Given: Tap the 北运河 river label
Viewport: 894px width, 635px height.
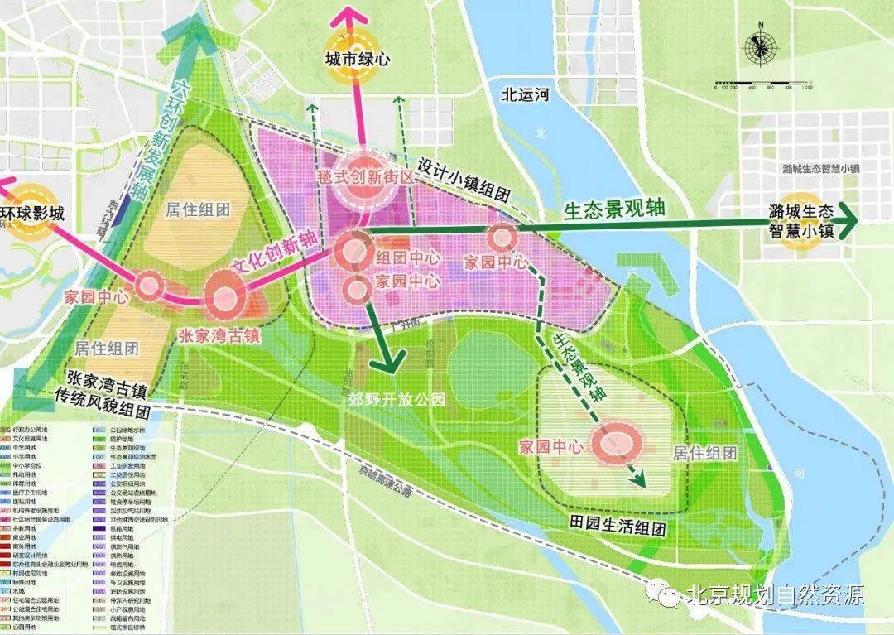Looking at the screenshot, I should tap(525, 94).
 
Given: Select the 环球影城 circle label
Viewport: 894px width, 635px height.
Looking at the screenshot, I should tap(31, 213).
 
